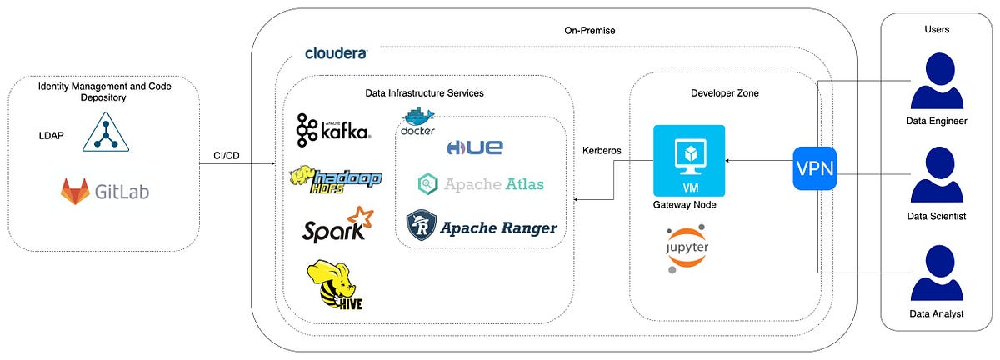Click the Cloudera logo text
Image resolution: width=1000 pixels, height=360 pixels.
point(336,53)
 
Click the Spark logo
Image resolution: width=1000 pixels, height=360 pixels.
point(334,225)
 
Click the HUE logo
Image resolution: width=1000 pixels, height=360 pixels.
point(475,147)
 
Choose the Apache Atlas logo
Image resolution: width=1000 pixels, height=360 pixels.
point(481,183)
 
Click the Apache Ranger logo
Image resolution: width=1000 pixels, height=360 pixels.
point(481,224)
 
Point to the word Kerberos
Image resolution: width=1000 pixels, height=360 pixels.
point(604,152)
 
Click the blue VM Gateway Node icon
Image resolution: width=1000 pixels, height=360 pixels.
point(689,160)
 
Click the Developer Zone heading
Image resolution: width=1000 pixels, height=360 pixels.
point(724,92)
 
